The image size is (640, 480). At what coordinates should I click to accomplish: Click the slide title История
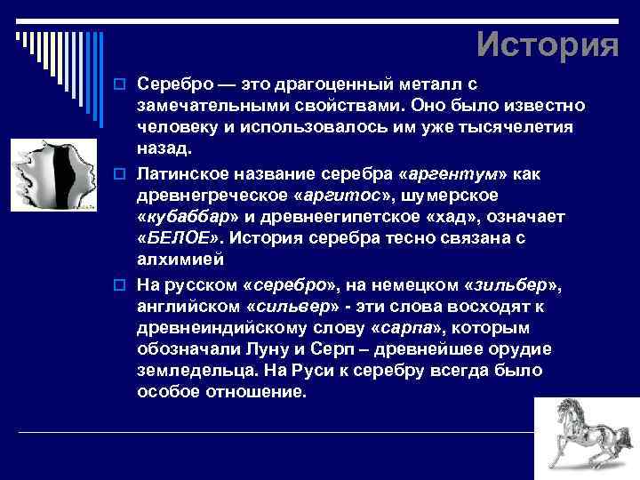(x=547, y=44)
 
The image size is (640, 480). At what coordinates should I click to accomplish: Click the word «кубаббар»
(x=187, y=217)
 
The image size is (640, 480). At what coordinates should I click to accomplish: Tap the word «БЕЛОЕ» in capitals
(x=177, y=239)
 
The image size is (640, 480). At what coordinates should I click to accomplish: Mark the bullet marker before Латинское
(x=125, y=172)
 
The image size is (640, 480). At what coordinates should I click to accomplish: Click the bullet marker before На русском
(x=125, y=284)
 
